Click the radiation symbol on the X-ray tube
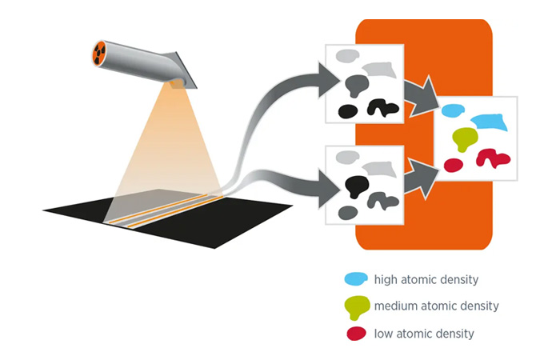point(100,54)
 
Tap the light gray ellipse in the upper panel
point(346,56)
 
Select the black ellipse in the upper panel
point(347,111)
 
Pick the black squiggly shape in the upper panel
point(382,107)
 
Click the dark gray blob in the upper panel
point(356,83)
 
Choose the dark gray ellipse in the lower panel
point(348,212)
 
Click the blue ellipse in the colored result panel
point(453,110)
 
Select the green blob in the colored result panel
point(464,138)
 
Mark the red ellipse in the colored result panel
point(453,165)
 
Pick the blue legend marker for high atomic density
point(356,279)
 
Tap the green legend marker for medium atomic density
point(357,306)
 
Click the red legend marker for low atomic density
point(356,333)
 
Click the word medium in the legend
point(396,306)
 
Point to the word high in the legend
point(386,280)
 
